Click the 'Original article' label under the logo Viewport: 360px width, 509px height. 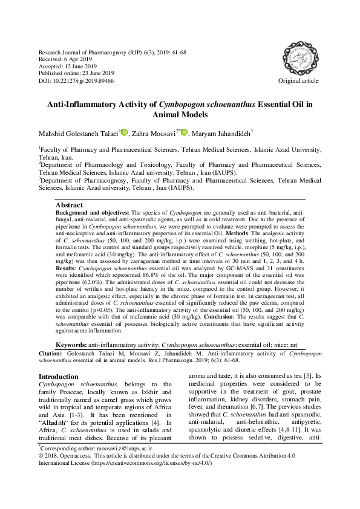pyautogui.click(x=298, y=80)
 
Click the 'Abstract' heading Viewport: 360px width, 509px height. pyautogui.click(x=68, y=206)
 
